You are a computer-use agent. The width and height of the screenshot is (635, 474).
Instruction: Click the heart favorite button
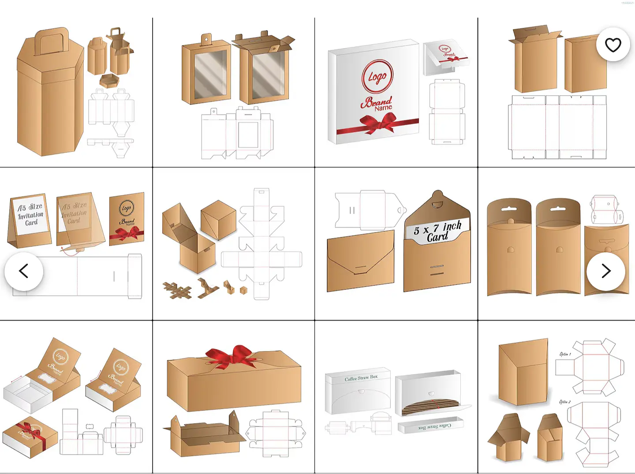[613, 45]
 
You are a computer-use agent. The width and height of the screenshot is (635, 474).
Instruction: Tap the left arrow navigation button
[24, 271]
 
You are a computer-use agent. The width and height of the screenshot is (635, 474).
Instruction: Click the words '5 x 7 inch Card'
[437, 231]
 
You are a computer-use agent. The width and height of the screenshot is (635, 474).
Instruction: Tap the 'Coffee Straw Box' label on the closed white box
[361, 378]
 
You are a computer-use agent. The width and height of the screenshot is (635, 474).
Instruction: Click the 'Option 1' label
[565, 354]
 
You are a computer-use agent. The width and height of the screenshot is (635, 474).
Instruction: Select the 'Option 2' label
[564, 402]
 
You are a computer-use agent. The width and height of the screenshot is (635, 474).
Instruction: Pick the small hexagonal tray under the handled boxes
[109, 81]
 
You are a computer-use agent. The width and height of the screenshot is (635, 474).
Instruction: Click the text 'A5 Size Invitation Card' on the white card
[30, 215]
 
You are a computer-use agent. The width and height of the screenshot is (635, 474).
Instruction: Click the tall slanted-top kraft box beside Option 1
[523, 372]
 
